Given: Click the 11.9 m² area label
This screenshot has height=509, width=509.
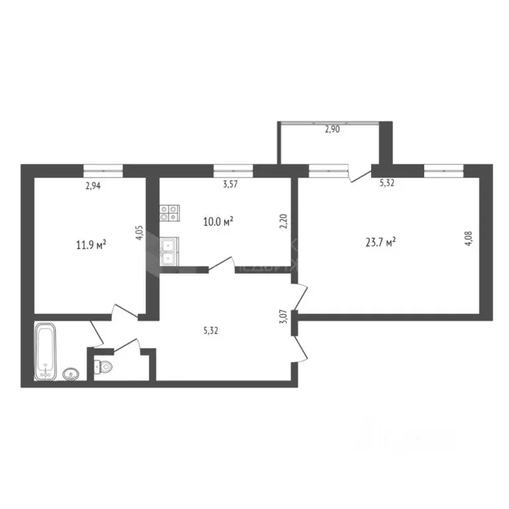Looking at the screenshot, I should (x=91, y=245).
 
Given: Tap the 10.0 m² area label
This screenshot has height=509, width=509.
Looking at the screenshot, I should (x=217, y=221).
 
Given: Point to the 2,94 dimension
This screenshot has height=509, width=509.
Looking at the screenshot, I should (x=93, y=186).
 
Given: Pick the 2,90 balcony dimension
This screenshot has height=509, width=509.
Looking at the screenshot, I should (x=331, y=130).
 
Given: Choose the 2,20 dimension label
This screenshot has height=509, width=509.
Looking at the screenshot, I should (x=283, y=220).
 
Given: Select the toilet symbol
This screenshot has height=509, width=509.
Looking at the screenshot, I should (x=104, y=365).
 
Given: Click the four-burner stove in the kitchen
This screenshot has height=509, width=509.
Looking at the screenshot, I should (x=169, y=213).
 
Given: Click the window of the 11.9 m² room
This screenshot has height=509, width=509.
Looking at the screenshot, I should (x=103, y=171).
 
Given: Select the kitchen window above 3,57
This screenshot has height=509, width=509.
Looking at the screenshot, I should (x=233, y=171).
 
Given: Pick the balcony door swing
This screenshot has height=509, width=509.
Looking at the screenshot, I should (x=361, y=174).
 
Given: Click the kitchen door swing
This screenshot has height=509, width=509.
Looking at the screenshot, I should (x=223, y=264).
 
